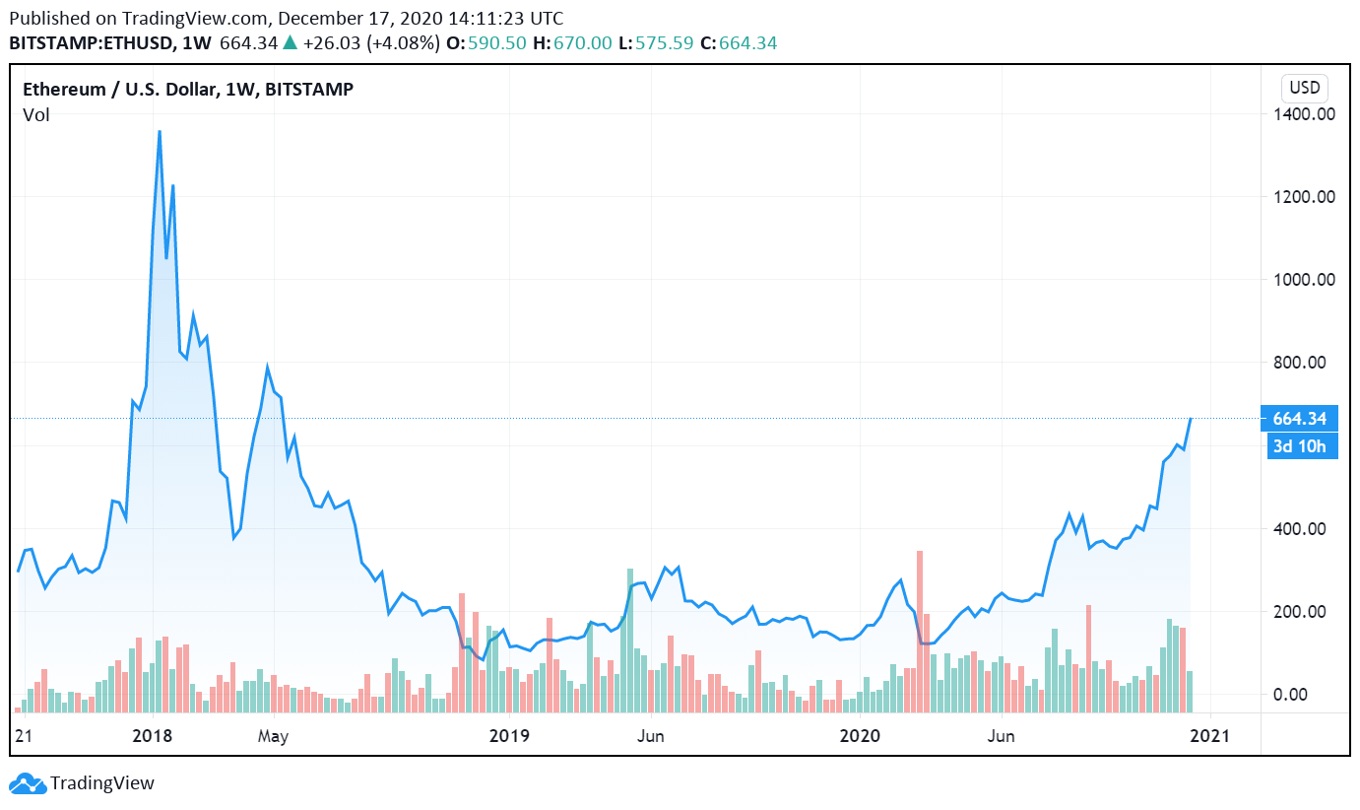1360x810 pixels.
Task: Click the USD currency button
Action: (x=1304, y=88)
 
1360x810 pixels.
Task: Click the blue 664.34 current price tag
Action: (x=1298, y=419)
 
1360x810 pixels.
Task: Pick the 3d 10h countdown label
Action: (x=1299, y=447)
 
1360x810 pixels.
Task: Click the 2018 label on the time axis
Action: (x=152, y=736)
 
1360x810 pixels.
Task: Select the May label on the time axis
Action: (x=272, y=736)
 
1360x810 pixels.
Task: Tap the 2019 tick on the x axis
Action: (x=509, y=736)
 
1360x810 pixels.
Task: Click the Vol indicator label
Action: (x=36, y=115)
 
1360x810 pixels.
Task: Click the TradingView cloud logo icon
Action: (x=27, y=783)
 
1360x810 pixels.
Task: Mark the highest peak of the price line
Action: (x=160, y=132)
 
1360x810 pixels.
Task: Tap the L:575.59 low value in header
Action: (x=655, y=43)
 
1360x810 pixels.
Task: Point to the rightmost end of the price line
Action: (x=1191, y=419)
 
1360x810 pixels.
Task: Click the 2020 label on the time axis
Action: (x=860, y=736)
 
